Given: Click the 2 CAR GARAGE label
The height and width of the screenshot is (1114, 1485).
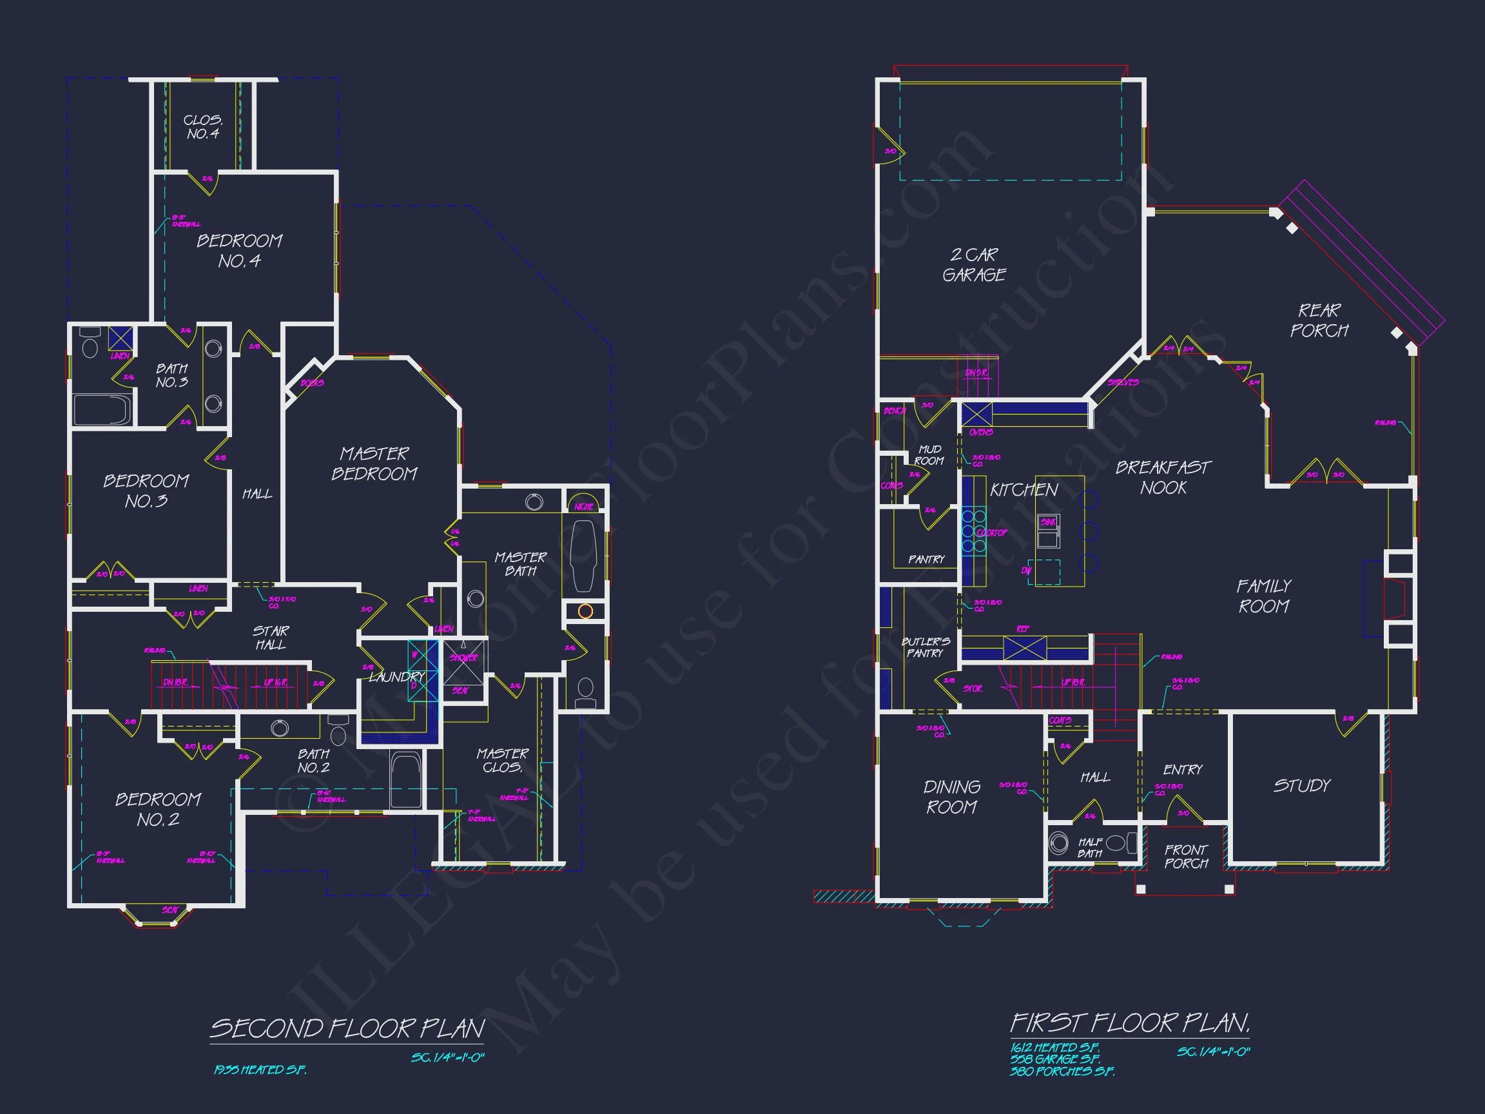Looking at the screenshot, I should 973,264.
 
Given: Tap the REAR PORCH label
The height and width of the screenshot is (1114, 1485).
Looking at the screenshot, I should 1319,320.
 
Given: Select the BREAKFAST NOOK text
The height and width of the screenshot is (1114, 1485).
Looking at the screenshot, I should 1163,478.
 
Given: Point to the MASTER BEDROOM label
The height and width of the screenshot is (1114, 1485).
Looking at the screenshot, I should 374,464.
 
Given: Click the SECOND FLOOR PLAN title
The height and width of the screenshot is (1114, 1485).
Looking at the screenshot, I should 347,1029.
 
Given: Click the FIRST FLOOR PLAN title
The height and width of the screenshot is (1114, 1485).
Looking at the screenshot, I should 1130,1023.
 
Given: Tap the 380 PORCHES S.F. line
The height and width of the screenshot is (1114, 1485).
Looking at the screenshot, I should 1062,1071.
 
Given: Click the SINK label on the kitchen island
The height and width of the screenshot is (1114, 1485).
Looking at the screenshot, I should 1048,522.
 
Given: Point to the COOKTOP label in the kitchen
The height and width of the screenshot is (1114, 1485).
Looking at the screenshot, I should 991,533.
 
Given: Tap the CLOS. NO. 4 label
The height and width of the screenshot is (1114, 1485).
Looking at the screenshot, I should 203,127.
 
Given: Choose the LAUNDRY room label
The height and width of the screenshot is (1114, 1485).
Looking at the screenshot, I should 396,677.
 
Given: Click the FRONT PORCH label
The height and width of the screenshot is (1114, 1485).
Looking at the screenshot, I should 1185,857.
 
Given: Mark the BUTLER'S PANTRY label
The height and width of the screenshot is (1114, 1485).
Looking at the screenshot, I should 925,647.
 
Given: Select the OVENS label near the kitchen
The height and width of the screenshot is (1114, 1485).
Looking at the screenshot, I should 981,433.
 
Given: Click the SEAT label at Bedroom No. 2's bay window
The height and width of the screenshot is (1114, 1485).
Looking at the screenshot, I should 170,910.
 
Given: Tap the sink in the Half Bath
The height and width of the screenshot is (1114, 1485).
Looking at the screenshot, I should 1059,843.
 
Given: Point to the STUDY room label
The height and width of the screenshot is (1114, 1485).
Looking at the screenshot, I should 1302,786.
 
